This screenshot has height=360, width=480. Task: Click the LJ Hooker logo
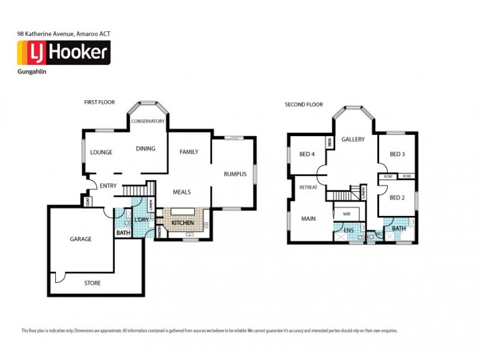63,53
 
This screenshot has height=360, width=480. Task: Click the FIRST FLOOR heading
100,103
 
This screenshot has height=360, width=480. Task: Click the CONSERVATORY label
148,121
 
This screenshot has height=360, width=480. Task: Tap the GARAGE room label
80,239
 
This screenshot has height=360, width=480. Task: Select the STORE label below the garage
92,283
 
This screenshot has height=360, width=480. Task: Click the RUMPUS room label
235,175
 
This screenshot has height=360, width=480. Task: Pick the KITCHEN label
183,223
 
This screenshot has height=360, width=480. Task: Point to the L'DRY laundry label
142,220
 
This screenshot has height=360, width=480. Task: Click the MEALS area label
181,192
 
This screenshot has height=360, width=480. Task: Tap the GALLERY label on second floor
353,139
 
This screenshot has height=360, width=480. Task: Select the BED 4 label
307,154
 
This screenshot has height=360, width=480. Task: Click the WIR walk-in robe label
346,214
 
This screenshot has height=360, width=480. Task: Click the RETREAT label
308,187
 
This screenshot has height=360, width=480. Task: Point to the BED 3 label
397,154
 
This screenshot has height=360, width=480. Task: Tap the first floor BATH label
123,233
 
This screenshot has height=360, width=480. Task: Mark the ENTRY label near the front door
108,186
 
